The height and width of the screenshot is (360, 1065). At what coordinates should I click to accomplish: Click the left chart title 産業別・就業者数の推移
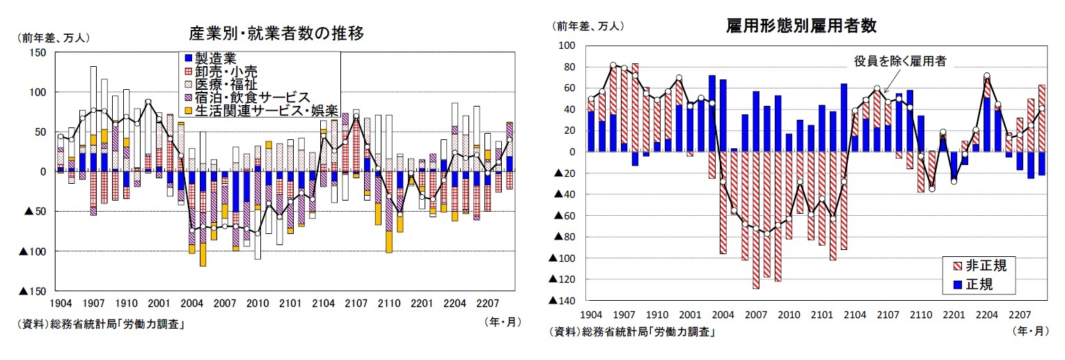click(276, 33)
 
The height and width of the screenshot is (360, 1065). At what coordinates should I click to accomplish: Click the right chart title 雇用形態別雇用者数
click(800, 26)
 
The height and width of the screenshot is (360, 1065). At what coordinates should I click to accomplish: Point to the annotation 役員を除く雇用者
click(899, 61)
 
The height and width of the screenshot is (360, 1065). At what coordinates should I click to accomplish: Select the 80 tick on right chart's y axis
click(567, 68)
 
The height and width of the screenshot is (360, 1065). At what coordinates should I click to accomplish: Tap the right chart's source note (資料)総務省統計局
click(632, 332)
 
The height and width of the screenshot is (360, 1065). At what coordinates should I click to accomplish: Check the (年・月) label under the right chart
click(1029, 332)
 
